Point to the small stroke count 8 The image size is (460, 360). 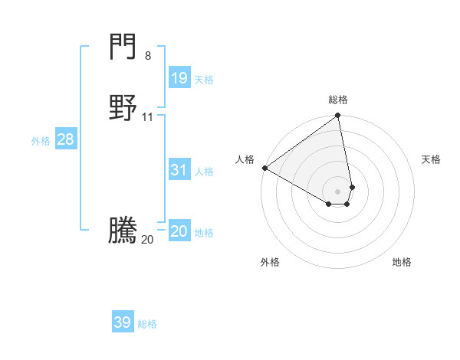tap(148, 56)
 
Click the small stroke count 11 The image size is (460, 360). tap(148, 117)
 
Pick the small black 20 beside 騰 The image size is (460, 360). tap(147, 240)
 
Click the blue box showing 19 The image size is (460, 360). tap(179, 77)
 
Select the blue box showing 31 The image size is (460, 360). tap(179, 170)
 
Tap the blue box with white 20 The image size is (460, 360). tap(179, 231)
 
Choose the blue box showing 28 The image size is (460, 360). tap(65, 139)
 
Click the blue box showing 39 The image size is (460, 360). tap(123, 322)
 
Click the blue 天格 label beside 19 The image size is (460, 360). tap(204, 80)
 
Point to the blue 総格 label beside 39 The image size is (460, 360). tap(147, 325)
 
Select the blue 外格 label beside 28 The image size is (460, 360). tap(41, 141)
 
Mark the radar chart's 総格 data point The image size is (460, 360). tap(338, 116)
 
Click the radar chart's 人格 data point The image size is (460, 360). tap(264, 168)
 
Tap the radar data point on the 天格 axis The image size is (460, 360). tap(352, 187)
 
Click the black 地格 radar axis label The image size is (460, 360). tap(402, 262)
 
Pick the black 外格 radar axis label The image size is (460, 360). tap(270, 262)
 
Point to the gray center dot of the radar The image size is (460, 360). tap(338, 191)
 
